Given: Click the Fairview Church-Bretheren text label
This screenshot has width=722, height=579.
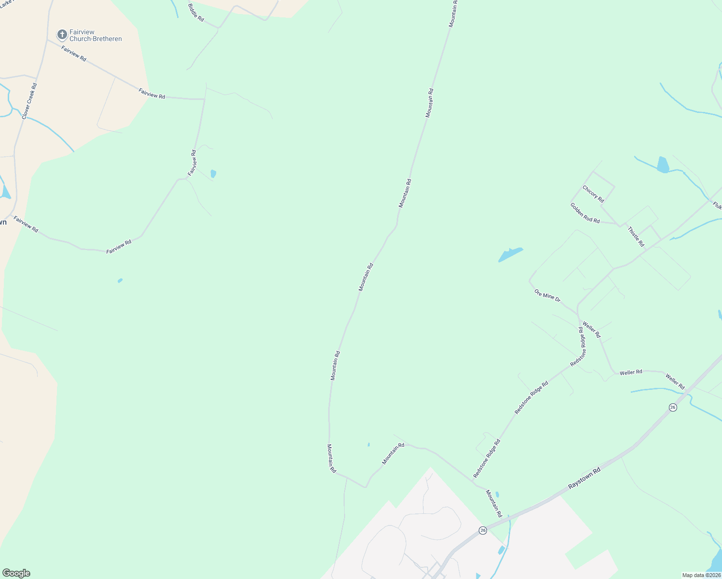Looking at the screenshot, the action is (x=96, y=36).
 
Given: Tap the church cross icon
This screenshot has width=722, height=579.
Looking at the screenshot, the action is (x=62, y=34).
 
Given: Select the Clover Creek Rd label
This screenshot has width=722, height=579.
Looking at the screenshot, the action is (x=29, y=101).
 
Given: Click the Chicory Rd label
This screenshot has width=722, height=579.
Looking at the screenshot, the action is (x=593, y=194).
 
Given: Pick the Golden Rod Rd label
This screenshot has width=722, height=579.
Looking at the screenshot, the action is (x=585, y=213).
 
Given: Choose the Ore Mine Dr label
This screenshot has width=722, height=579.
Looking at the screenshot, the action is (x=547, y=296).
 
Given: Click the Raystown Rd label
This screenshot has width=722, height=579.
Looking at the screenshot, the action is (x=584, y=478).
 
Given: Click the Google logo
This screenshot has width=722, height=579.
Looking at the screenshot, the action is (x=16, y=573).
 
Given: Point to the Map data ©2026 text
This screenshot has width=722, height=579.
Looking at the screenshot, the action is (x=701, y=575).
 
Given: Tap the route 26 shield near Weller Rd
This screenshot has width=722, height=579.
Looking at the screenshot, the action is (x=673, y=407).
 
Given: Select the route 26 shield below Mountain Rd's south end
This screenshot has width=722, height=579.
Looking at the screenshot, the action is (x=483, y=530).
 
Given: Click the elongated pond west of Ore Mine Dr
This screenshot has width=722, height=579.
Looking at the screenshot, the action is (x=510, y=254).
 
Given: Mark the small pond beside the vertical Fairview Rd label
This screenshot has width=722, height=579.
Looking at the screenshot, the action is (x=213, y=174).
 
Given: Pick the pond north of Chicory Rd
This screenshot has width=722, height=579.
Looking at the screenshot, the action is (x=663, y=165).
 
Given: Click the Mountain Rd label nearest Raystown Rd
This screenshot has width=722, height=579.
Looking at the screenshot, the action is (x=494, y=504).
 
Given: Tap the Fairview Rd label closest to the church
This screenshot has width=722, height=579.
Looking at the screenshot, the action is (x=74, y=53).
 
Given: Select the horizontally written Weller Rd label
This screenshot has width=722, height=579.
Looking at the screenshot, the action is (x=631, y=372).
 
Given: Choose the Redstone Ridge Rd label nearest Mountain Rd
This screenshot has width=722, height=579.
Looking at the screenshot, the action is (x=486, y=459).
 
